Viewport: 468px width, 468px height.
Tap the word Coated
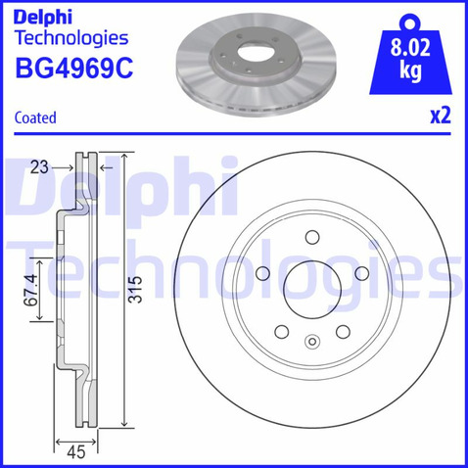[x=36, y=117]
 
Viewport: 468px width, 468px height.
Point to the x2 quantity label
[x=441, y=115]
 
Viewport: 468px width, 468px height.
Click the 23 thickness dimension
[x=39, y=167]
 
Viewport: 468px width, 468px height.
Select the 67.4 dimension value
[x=32, y=289]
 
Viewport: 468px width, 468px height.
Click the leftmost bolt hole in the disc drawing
[x=265, y=273]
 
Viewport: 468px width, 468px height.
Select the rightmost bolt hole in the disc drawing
[x=358, y=273]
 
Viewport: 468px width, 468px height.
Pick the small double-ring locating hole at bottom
[x=311, y=342]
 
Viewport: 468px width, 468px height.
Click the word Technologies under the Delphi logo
[x=71, y=38]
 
